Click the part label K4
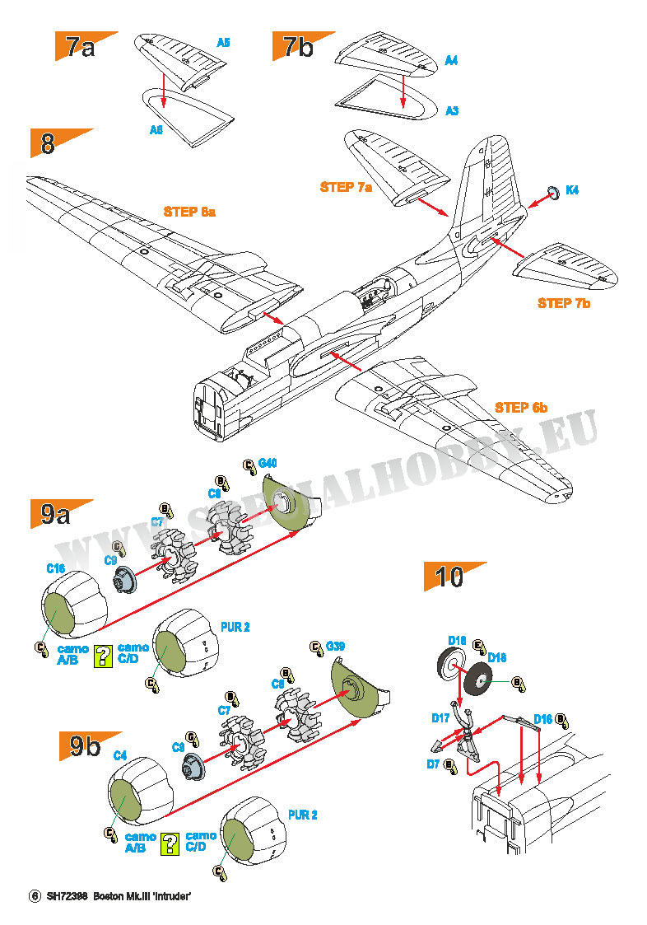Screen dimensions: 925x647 572,190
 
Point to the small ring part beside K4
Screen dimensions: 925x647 554,192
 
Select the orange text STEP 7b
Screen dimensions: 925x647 564,303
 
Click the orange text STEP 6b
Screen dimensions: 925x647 521,407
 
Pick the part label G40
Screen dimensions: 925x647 268,465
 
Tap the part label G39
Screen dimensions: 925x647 336,647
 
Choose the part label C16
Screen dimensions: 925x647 55,568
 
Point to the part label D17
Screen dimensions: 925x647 440,718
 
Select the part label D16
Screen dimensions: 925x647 542,719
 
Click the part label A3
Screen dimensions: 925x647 452,110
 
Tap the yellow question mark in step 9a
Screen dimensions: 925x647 103,655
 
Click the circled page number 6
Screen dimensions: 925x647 35,896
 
